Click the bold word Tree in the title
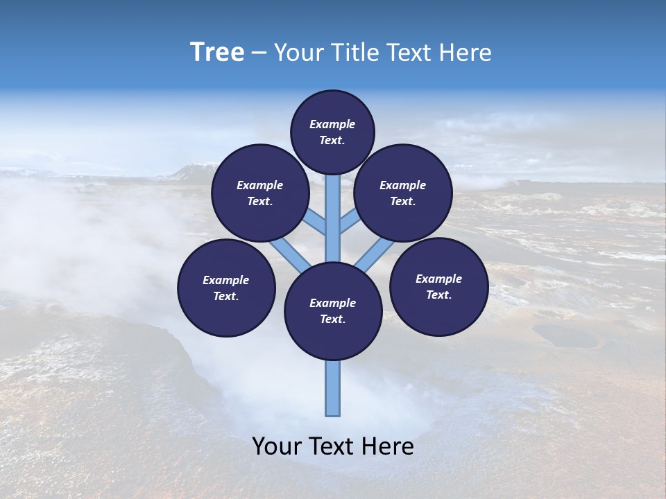tap(217, 52)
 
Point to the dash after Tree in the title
tap(259, 53)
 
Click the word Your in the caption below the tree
tap(276, 446)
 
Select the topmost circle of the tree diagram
tap(332, 132)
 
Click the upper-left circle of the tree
tap(260, 193)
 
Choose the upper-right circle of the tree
tap(403, 193)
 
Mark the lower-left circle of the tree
tap(226, 288)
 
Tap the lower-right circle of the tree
tap(438, 286)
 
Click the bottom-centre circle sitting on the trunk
tap(333, 311)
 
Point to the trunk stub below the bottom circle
tap(333, 388)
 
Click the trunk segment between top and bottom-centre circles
tap(333, 218)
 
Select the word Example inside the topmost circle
tap(332, 124)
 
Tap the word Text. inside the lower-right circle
tap(438, 295)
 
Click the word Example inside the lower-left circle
tap(226, 280)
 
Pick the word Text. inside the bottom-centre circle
tap(333, 319)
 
